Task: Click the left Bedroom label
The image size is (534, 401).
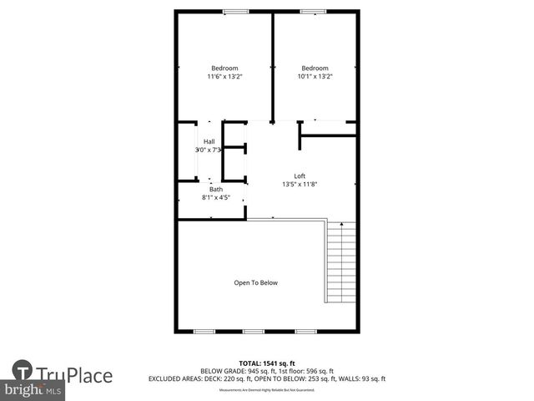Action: [224, 68]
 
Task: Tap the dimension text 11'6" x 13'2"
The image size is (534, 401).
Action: [224, 77]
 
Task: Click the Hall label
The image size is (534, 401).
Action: [209, 141]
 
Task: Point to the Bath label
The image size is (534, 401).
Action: [216, 190]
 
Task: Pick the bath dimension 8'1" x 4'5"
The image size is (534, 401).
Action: [216, 198]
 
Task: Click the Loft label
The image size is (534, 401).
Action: [300, 175]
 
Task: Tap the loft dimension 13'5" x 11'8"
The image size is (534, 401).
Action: [300, 184]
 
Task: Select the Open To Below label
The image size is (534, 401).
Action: [255, 282]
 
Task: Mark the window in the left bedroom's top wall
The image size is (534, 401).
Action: [236, 11]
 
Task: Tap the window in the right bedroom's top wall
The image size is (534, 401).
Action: [314, 11]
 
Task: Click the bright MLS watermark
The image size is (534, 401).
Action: [33, 390]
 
